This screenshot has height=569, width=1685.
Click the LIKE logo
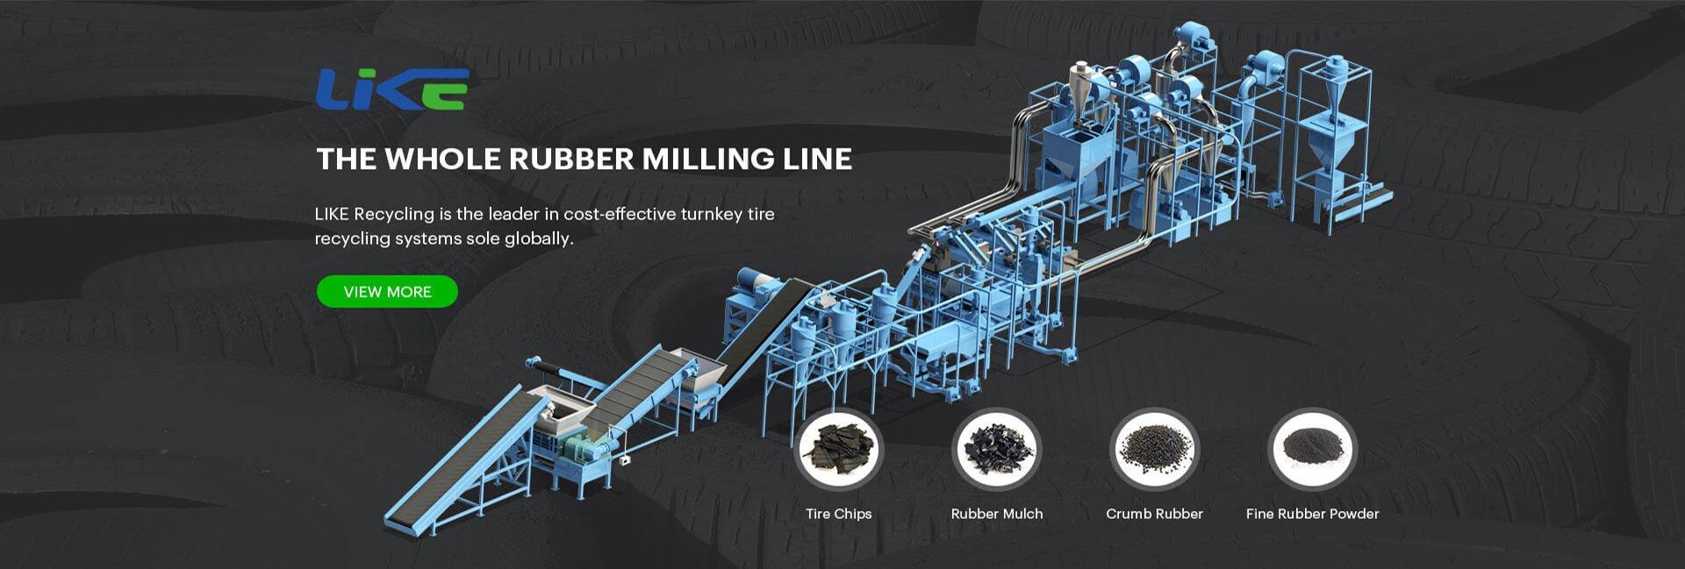tap(391, 89)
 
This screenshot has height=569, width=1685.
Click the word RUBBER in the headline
tap(570, 159)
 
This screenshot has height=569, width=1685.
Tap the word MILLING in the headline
tap(707, 159)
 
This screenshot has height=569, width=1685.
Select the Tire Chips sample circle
tap(838, 451)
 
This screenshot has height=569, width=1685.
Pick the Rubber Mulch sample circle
tap(996, 451)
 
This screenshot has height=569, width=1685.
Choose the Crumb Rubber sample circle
tap(1154, 451)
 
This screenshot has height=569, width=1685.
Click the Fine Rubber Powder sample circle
tap(1312, 451)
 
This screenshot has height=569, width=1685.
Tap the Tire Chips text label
tap(838, 514)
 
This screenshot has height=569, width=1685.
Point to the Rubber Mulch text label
tap(996, 514)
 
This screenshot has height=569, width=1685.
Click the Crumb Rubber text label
tap(1154, 514)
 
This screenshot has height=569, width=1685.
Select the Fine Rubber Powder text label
tap(1312, 514)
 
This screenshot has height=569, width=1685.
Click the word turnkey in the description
tap(711, 215)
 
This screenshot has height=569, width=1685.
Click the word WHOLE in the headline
tap(443, 159)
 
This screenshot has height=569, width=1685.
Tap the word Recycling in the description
tap(393, 215)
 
